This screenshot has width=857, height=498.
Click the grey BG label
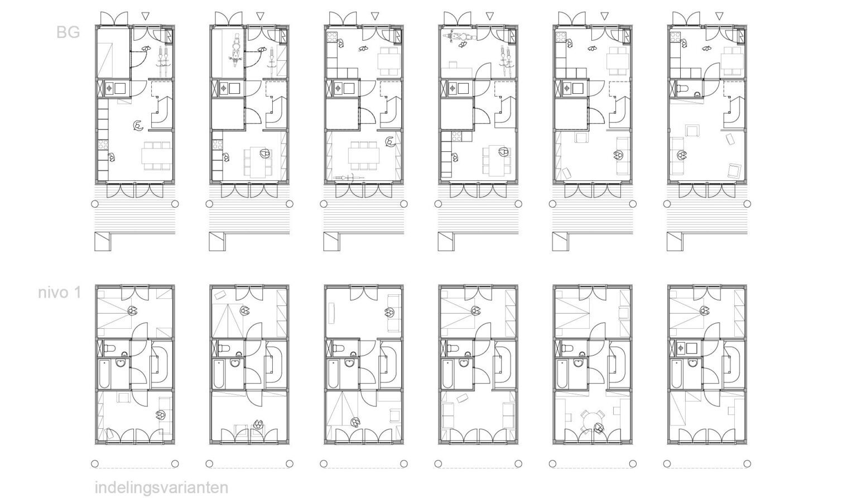pos(68,32)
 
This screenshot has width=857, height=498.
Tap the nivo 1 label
pos(59,293)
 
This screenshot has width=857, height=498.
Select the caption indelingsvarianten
pos(161,488)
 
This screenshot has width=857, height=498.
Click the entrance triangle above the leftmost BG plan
pos(146,16)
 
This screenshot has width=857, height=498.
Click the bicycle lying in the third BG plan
pos(348,178)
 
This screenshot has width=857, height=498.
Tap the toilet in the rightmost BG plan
pos(682,89)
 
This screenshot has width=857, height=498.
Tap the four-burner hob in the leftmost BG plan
pos(103,145)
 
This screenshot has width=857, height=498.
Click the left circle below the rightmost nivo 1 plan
pos(667,464)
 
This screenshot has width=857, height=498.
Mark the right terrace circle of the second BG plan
pos(290,204)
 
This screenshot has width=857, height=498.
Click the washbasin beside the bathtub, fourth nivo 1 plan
pos(464,362)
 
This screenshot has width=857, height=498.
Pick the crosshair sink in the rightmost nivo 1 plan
pos(681,348)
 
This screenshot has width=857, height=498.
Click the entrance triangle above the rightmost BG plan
pos(719,16)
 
